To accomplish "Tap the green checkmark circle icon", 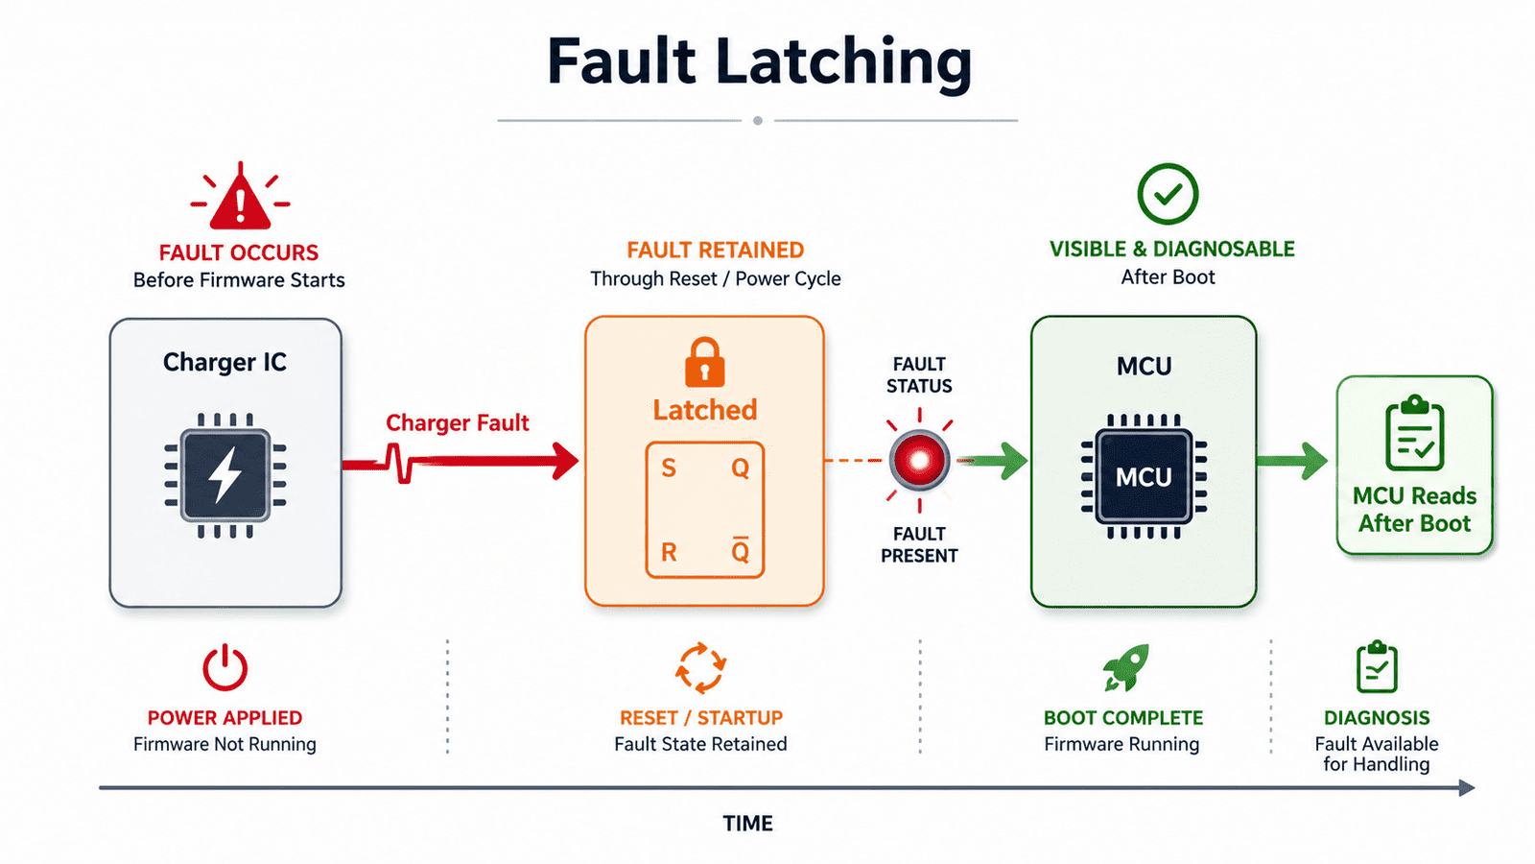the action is tap(1168, 194).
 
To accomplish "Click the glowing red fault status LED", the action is tap(919, 460).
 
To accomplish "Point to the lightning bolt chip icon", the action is tap(224, 475).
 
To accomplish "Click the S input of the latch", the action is tap(669, 468).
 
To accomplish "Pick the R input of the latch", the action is tap(669, 551).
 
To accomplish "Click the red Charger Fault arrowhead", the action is tap(565, 461).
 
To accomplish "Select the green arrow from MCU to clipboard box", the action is tap(1291, 461).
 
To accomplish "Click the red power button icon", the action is tap(224, 667).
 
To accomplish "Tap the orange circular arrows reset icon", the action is tap(700, 668).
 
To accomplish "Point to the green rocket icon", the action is tap(1125, 667).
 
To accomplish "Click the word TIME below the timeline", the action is tap(747, 823).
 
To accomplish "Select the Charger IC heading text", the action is tap(224, 362).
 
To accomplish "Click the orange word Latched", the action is tap(704, 410).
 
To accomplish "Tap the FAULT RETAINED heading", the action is tap(716, 251).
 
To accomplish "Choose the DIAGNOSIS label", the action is tap(1377, 718).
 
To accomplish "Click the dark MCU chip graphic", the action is tap(1144, 476).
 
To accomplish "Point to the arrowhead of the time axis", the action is tap(1467, 788).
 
